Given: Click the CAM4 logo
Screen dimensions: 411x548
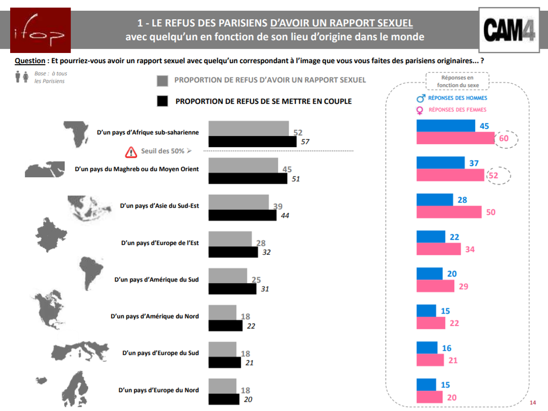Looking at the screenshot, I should point(509,29).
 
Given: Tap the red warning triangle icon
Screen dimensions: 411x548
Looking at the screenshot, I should point(131,151).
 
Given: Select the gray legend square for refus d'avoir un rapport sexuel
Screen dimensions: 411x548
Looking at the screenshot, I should point(163,80).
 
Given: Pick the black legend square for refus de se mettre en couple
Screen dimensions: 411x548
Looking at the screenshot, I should point(163,101).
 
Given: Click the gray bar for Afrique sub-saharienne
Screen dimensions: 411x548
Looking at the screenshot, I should point(248,129).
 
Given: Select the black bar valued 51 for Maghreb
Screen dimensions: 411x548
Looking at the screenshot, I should point(247,178).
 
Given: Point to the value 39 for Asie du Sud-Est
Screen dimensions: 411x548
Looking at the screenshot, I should point(278,207).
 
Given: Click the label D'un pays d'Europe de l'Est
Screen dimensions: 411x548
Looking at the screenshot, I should point(160,242).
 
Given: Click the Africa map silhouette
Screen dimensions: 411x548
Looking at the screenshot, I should point(77,133).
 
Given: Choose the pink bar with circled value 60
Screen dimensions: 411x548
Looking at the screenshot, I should point(455,139).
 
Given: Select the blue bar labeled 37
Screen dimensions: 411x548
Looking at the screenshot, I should point(440,163).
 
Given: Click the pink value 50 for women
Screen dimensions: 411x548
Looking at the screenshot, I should point(491,212).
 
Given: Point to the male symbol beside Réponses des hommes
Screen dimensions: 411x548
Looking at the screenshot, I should point(421,98).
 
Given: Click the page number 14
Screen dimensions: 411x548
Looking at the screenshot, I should point(532,402).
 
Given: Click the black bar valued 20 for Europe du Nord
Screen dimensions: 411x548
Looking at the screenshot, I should point(224,399).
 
